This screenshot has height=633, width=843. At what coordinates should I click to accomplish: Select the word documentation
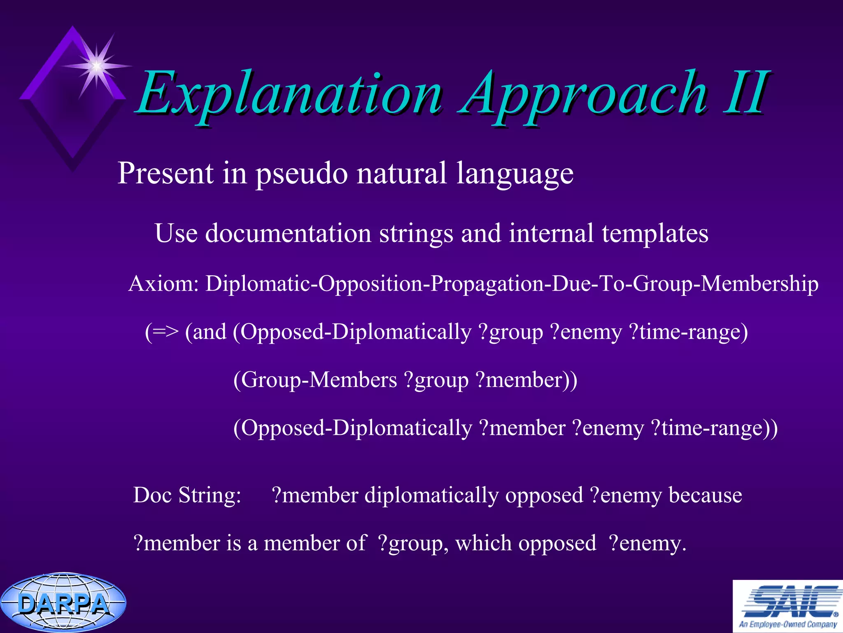[288, 233]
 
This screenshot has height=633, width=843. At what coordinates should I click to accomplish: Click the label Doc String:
[187, 495]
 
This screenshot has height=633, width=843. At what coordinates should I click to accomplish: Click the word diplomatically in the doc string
[432, 496]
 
